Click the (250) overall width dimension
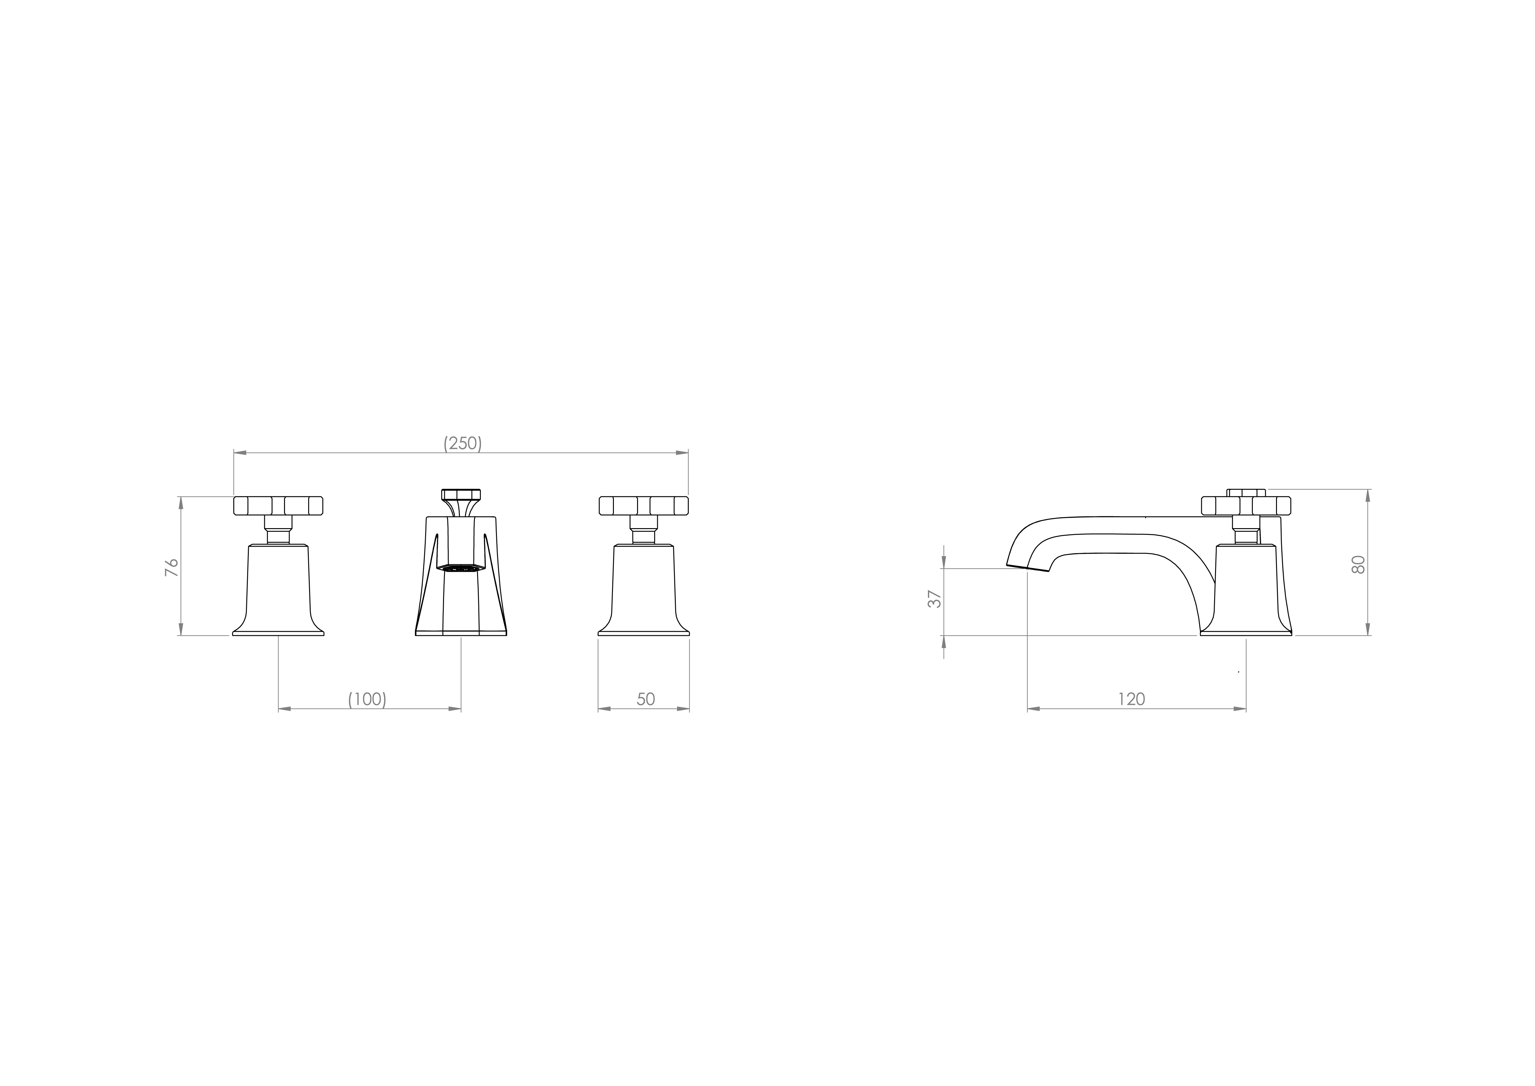click(x=463, y=443)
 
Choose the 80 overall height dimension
click(x=1358, y=564)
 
